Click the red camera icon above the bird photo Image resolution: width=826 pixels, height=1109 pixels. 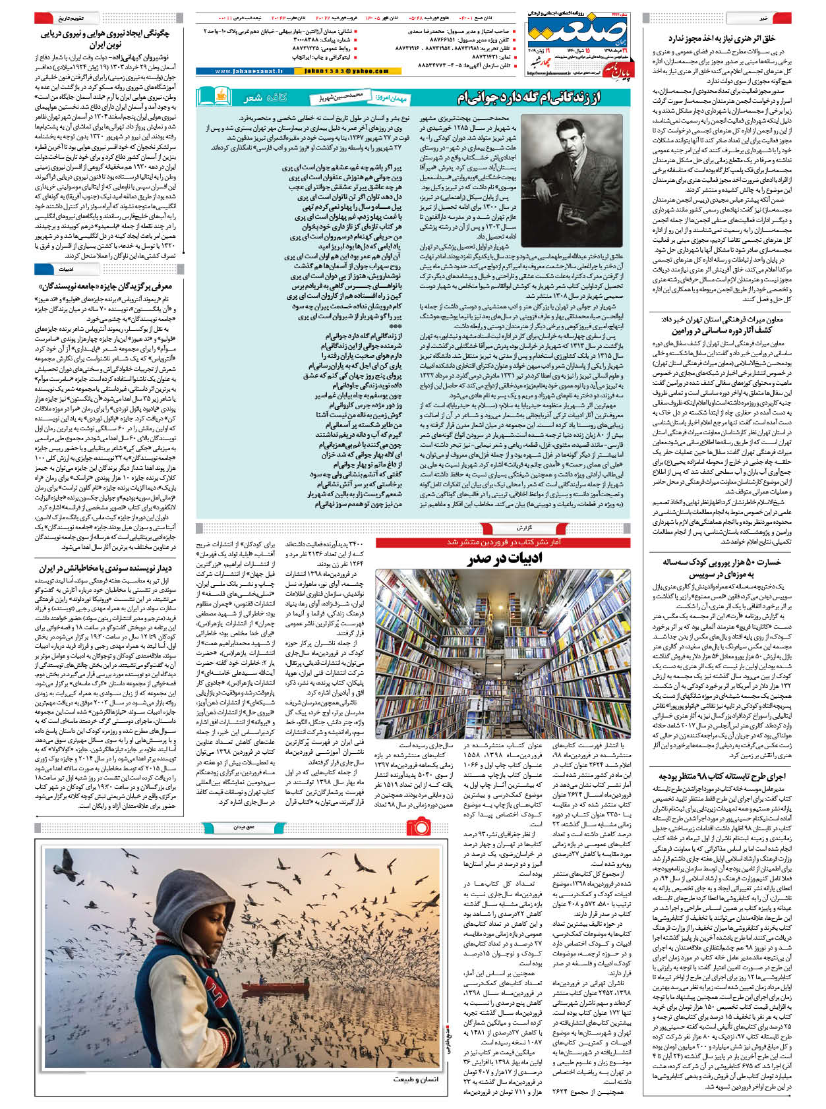tap(418, 826)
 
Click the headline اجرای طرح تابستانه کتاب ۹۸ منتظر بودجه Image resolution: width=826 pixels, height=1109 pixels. tap(723, 776)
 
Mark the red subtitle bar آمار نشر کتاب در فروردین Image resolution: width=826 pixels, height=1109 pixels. tap(503, 542)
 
